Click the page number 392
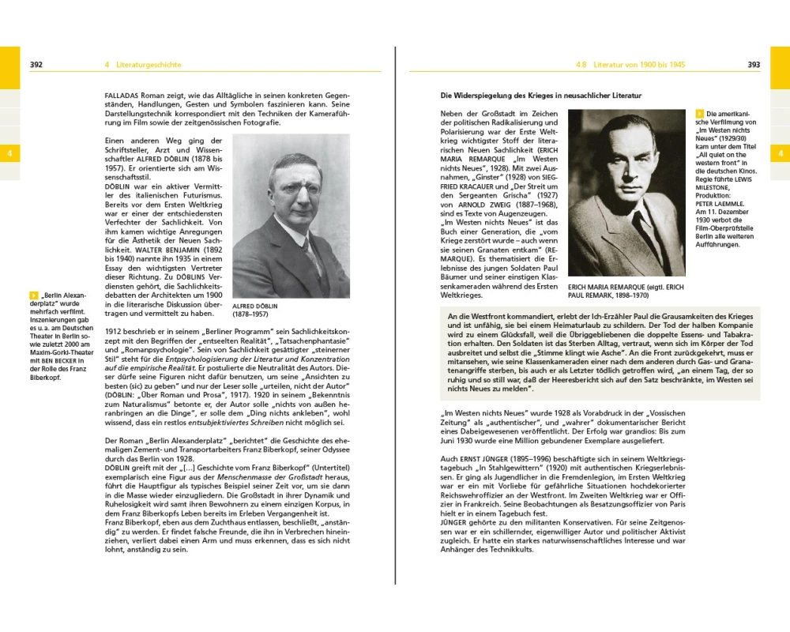pyautogui.click(x=36, y=65)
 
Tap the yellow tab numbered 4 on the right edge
pyautogui.click(x=781, y=153)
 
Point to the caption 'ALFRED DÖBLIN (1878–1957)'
pyautogui.click(x=255, y=309)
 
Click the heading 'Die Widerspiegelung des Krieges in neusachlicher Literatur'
pyautogui.click(x=540, y=96)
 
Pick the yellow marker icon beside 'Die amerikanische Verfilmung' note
pyautogui.click(x=699, y=115)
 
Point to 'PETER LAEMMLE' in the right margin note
pyautogui.click(x=717, y=203)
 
